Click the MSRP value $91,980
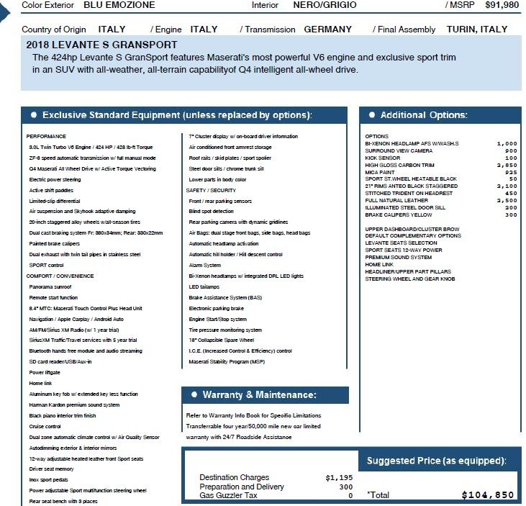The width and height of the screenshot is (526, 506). tap(502, 5)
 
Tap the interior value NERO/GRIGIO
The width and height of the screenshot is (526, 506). tap(323, 5)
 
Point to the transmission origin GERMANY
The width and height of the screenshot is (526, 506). tap(328, 30)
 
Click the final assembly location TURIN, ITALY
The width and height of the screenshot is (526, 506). tap(477, 30)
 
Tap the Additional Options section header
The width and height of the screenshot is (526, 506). tap(423, 115)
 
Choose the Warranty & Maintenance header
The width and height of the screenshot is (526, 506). tap(259, 395)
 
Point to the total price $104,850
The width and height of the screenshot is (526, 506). tap(488, 495)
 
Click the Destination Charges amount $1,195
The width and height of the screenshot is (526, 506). tap(339, 477)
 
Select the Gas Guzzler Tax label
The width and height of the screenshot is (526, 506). tap(228, 495)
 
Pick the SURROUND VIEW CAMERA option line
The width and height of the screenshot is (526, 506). tap(399, 150)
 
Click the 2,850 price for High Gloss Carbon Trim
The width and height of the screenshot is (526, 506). tap(507, 165)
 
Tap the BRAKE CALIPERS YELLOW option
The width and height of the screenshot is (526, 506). tap(398, 214)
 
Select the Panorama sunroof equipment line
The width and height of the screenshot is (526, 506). tap(51, 286)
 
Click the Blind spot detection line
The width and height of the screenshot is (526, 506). tap(211, 212)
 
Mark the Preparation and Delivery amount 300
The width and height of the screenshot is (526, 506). tap(346, 487)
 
